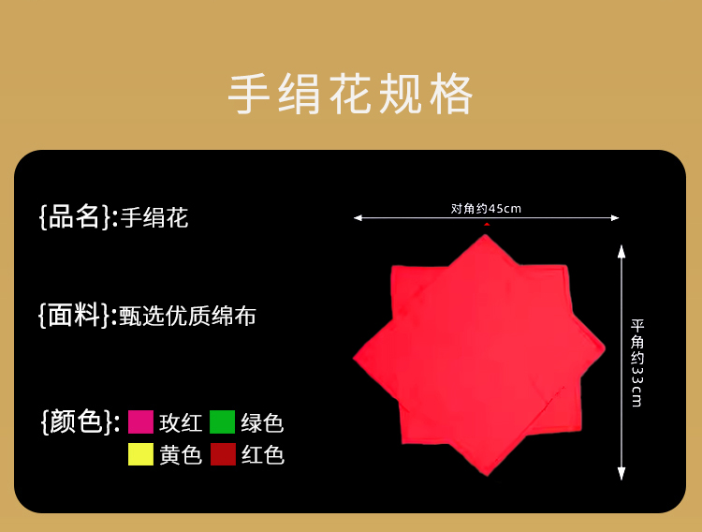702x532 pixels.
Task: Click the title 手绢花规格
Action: point(351,95)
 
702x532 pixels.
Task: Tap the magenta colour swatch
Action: point(140,421)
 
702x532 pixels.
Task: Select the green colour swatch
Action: point(223,421)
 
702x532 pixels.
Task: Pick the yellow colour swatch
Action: point(140,454)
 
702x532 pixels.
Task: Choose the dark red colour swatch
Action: point(223,454)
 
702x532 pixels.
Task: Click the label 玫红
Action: point(181,422)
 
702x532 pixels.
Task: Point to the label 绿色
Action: point(262,422)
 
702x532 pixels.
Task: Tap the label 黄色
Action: point(181,455)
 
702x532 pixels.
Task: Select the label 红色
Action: point(263,455)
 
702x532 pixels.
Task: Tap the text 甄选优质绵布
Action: point(187,316)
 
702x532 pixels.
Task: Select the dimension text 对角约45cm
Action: point(486,209)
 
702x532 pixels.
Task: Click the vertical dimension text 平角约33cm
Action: point(637,363)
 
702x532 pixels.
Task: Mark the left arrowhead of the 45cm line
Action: point(357,218)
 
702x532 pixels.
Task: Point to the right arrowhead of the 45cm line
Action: point(616,218)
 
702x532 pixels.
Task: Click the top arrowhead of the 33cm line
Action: point(621,251)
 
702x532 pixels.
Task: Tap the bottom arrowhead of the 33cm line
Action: point(621,474)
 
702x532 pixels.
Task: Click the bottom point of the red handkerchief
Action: point(487,476)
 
